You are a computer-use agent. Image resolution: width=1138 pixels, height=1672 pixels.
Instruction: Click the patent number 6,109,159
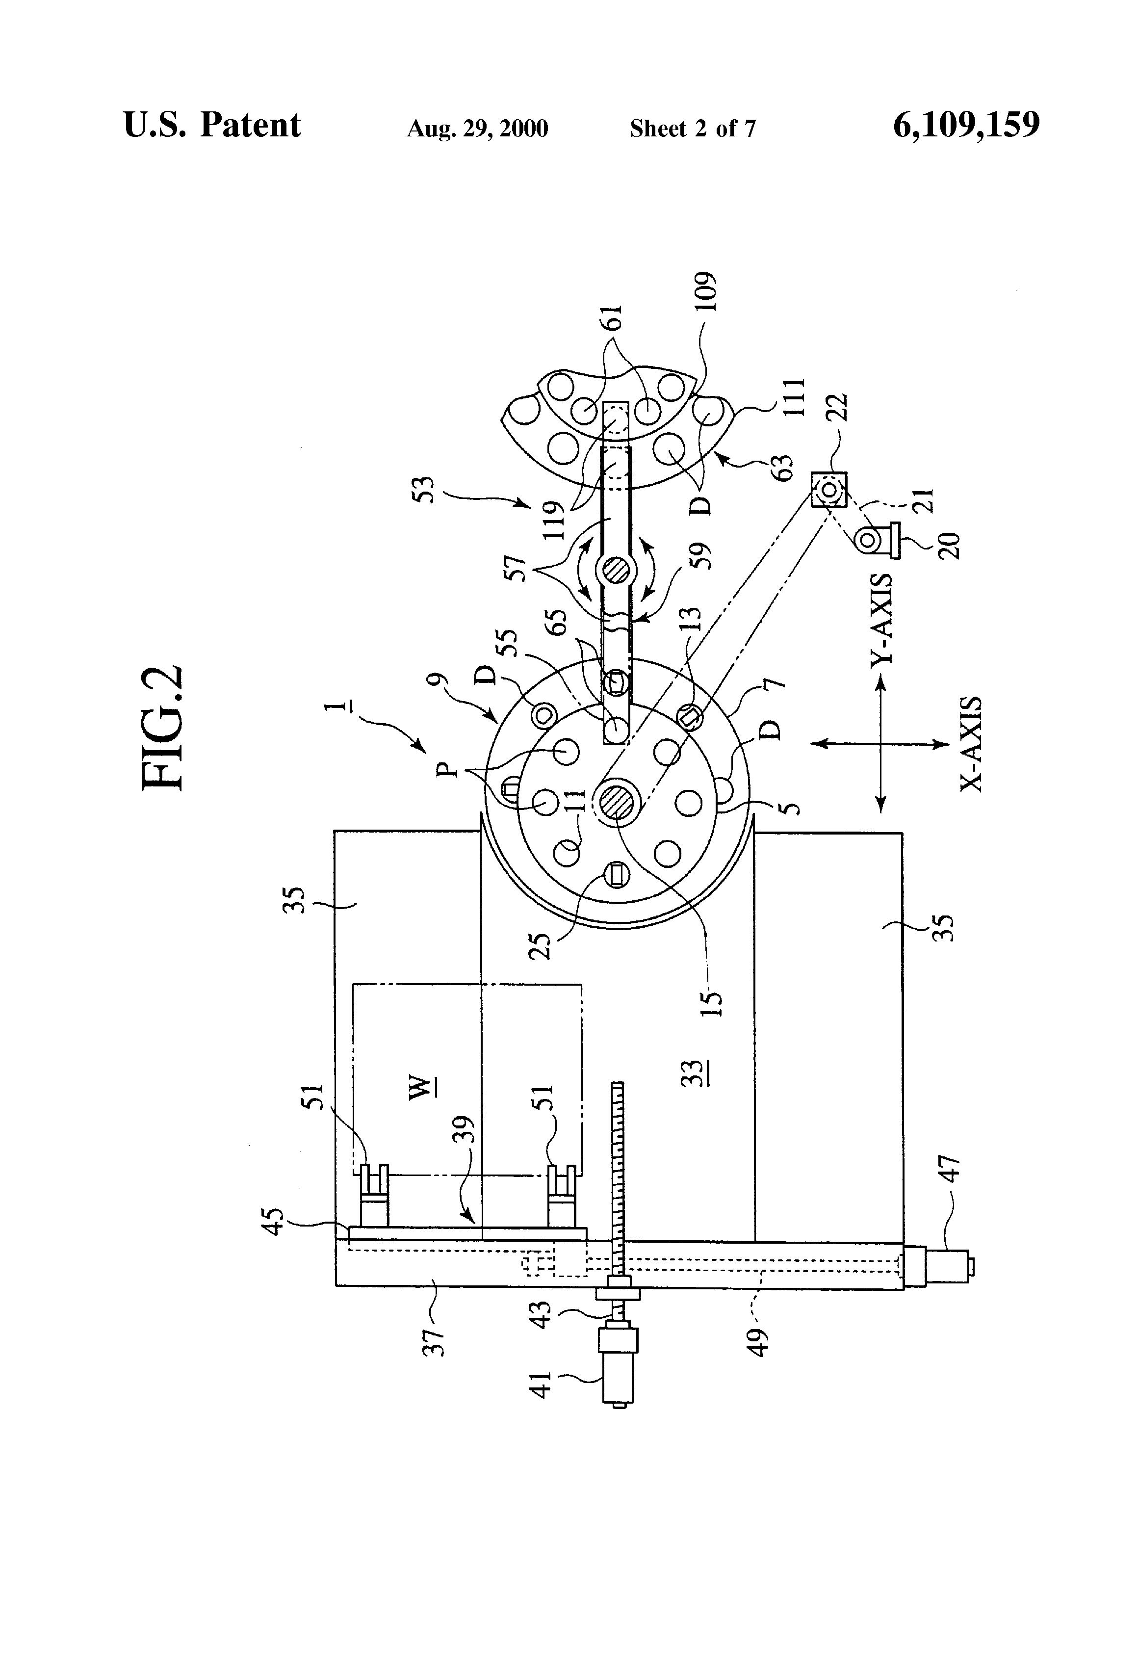pos(966,125)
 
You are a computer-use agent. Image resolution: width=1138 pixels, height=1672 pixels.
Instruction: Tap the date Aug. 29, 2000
pos(478,129)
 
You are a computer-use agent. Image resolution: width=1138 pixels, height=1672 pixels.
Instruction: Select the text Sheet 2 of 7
pos(693,129)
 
